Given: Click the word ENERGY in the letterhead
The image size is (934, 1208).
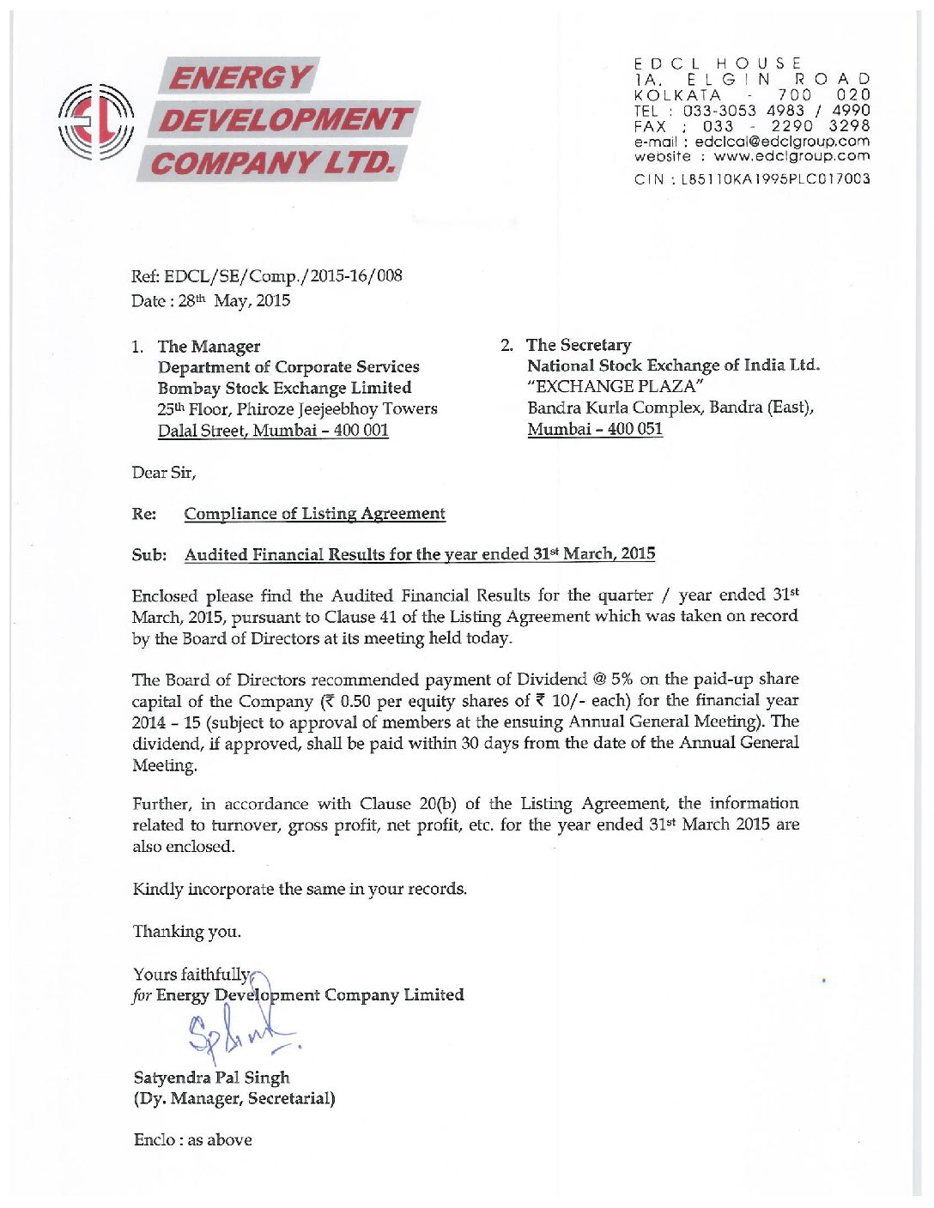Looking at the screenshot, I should tap(240, 77).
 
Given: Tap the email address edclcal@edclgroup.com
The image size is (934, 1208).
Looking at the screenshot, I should tap(782, 141).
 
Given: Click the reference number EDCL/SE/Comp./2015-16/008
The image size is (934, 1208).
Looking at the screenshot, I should tap(283, 275).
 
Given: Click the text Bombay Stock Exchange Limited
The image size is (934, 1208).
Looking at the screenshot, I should tap(284, 388).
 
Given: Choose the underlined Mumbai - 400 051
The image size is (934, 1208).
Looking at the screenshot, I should tap(595, 428).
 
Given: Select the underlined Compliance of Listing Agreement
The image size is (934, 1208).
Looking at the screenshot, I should tap(314, 513).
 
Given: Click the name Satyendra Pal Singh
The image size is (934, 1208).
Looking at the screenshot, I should tap(211, 1078).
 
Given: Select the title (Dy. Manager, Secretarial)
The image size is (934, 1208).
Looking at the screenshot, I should tap(233, 1098).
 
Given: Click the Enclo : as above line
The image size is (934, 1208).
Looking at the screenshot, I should tap(192, 1139).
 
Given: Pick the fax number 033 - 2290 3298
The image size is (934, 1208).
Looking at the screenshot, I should tap(785, 126).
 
